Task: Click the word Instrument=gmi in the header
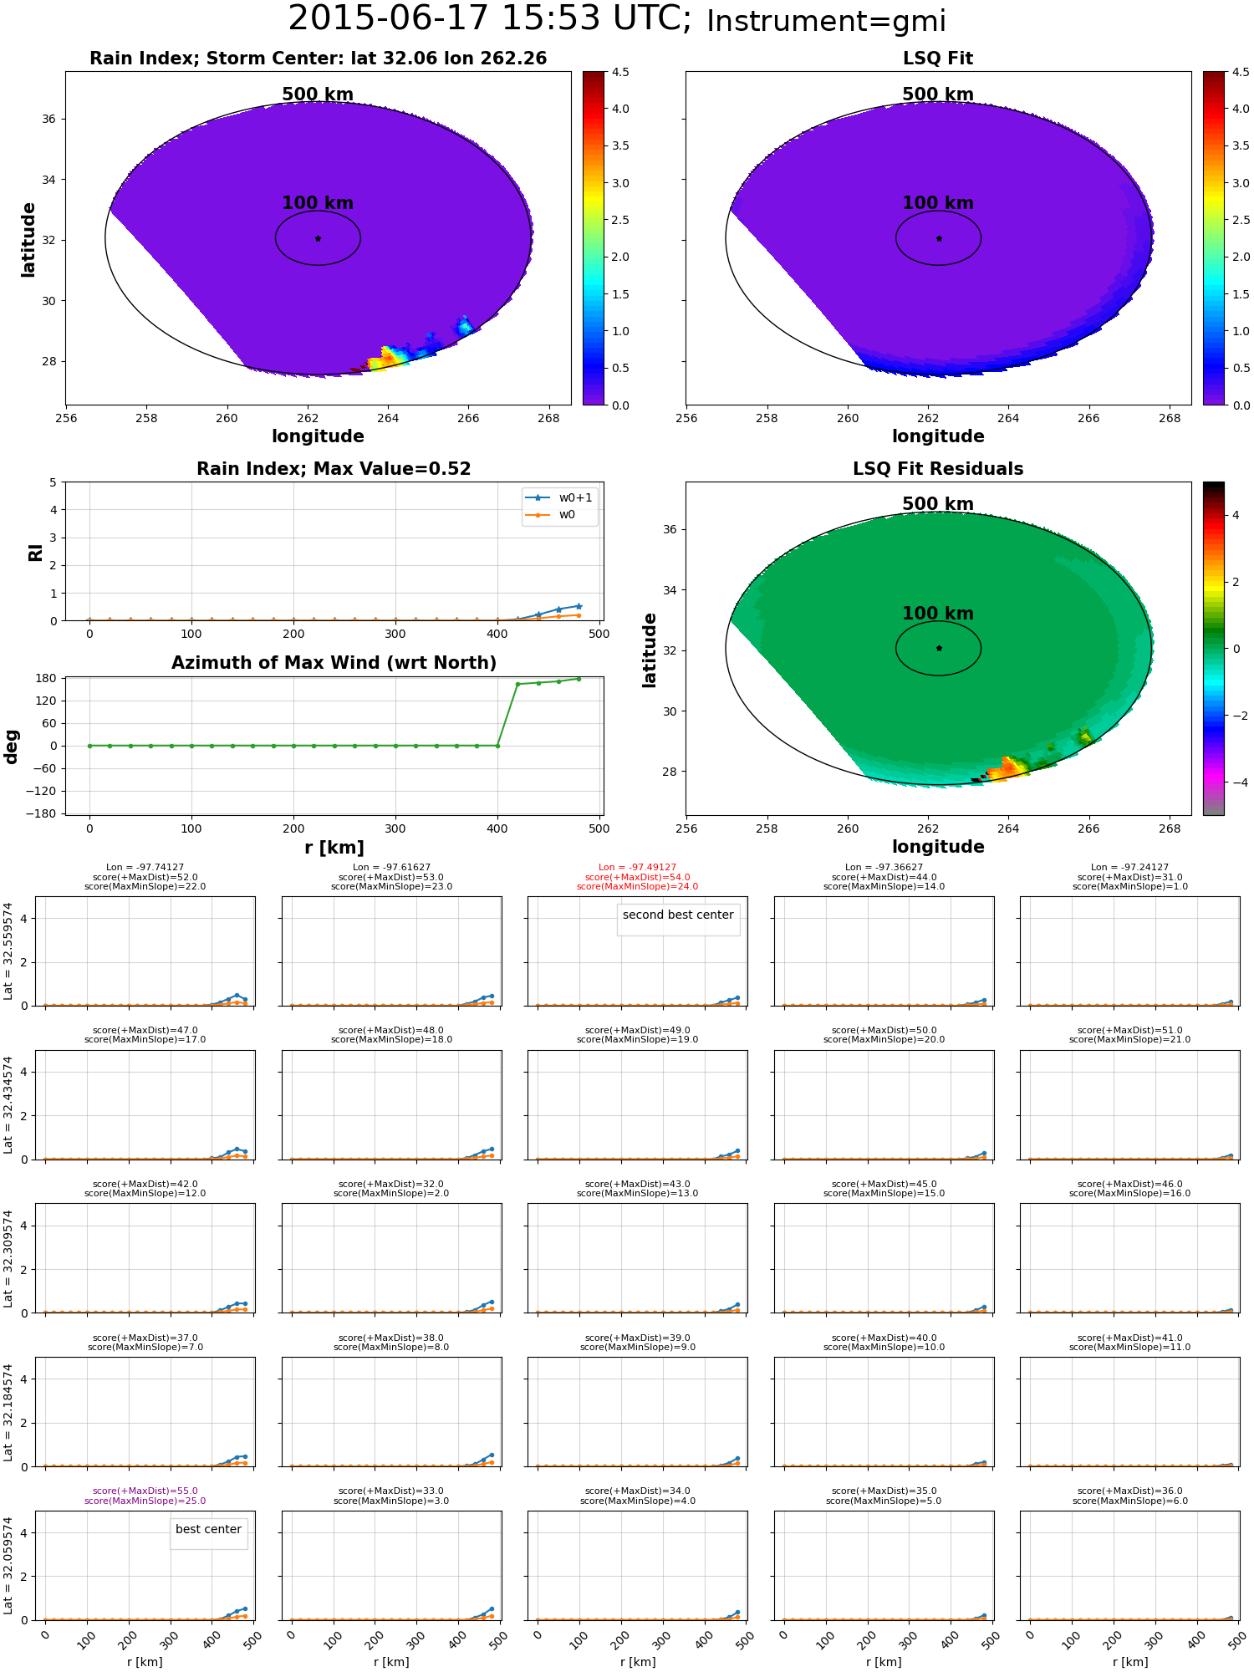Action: (826, 22)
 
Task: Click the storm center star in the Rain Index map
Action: (318, 238)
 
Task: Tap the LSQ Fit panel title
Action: (938, 59)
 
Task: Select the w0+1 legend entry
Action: (560, 497)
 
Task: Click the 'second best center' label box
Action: (678, 915)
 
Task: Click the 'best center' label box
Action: (208, 1530)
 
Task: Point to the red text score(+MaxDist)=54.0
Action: (637, 877)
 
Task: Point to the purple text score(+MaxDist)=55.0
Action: (145, 1491)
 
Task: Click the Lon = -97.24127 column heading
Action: (1129, 868)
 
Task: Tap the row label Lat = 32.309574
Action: (8, 1258)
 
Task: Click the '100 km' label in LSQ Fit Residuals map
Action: (938, 614)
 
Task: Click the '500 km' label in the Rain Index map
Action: (318, 94)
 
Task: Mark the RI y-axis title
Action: (36, 552)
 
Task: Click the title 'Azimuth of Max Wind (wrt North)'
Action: (334, 663)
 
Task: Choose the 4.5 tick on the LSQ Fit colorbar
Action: (1241, 72)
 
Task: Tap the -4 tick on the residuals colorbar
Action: (1236, 782)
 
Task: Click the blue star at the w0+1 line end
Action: (579, 606)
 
